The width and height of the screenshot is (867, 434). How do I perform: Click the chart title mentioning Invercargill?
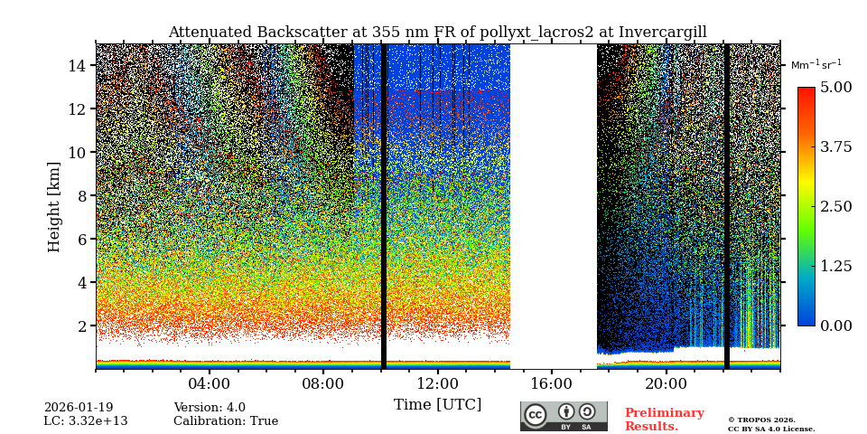437,33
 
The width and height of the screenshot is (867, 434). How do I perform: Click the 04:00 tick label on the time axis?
210,383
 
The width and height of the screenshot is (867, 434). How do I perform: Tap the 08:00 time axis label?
323,383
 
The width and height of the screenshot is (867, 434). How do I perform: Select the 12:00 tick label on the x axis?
438,383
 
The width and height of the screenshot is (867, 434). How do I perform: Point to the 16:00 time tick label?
552,383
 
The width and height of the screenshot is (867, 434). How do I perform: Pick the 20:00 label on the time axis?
667,383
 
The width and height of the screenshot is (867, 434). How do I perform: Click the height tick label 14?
77,65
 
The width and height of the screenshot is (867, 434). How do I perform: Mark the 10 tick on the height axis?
77,152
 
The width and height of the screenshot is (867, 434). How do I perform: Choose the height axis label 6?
81,239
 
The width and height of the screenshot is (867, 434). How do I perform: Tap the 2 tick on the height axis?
81,325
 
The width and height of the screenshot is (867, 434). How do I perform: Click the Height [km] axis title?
54,206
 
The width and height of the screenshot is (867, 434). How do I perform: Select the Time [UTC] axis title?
437,404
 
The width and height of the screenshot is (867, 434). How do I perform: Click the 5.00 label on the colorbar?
835,88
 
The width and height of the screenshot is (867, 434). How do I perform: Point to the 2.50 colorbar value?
835,206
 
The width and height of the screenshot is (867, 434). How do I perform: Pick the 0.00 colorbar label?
835,325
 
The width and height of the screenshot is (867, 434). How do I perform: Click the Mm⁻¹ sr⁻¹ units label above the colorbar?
816,65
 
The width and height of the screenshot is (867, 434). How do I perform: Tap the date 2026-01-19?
79,408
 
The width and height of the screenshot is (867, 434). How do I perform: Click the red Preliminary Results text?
664,420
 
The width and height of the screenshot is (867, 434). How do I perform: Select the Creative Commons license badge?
564,416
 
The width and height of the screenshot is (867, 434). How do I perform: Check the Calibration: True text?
226,421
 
